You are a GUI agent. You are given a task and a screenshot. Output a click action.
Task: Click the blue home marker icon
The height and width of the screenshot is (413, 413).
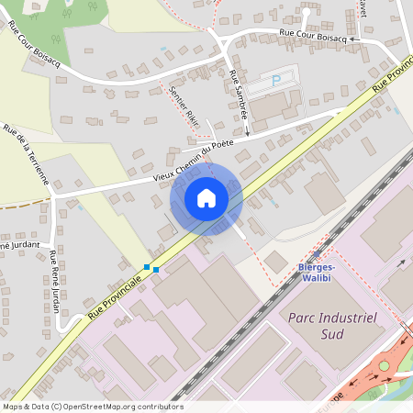[206, 198]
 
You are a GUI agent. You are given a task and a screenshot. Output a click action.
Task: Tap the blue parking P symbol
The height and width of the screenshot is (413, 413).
[277, 81]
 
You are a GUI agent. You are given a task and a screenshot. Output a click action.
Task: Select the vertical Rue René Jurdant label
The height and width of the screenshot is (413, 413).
[55, 280]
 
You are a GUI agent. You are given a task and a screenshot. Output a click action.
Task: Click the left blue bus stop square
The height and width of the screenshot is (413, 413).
[147, 266]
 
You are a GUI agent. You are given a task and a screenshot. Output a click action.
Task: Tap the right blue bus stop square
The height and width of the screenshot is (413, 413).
[156, 269]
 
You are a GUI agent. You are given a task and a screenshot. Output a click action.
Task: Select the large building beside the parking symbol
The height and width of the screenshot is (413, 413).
[271, 108]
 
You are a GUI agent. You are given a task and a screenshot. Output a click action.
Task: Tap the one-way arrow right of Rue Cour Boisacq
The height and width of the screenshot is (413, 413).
[353, 40]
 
